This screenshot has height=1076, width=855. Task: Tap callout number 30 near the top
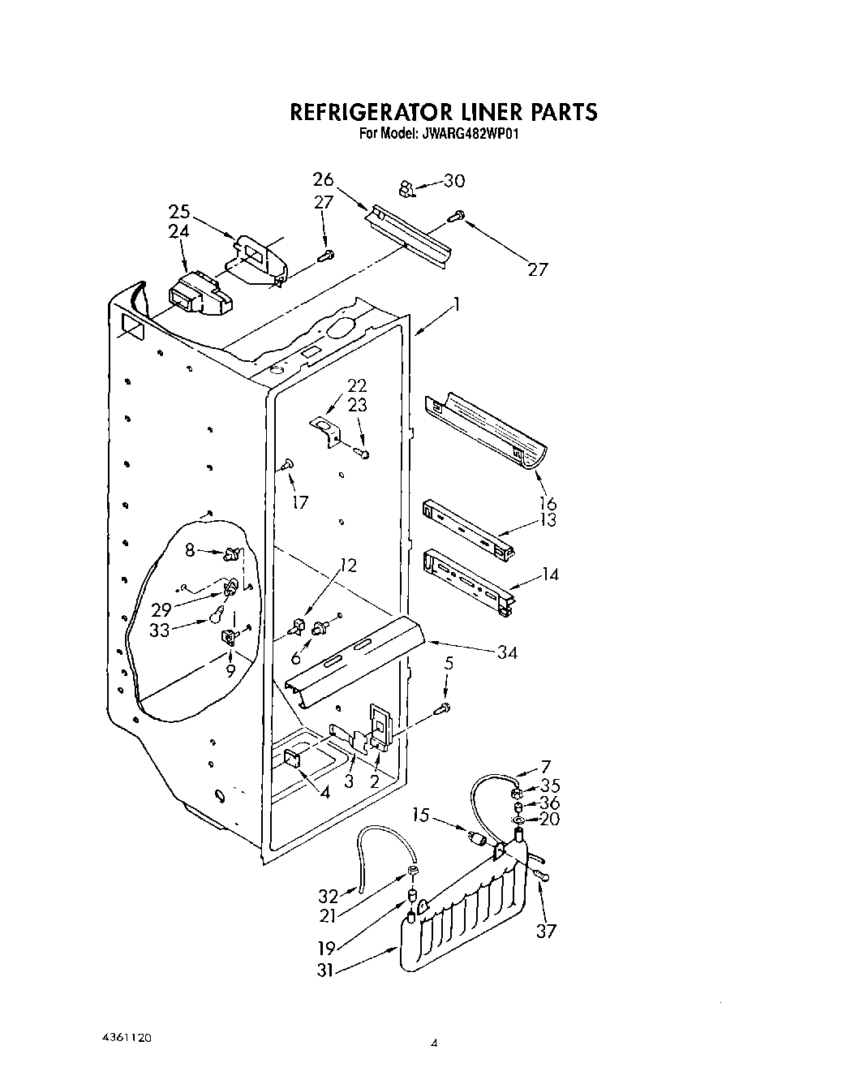(455, 180)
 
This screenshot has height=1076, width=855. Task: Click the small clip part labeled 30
(406, 189)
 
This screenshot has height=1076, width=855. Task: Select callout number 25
(179, 212)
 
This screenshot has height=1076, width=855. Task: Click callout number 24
(179, 231)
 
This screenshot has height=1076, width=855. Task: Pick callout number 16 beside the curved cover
(548, 503)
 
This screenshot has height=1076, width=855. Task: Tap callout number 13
(548, 520)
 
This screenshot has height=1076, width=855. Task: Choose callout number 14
(550, 575)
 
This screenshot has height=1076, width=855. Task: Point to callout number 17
(300, 502)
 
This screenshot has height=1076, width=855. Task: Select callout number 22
(357, 385)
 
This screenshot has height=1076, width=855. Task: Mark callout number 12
(348, 565)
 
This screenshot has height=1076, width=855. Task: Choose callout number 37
(546, 930)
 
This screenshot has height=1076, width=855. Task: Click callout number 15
(420, 813)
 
